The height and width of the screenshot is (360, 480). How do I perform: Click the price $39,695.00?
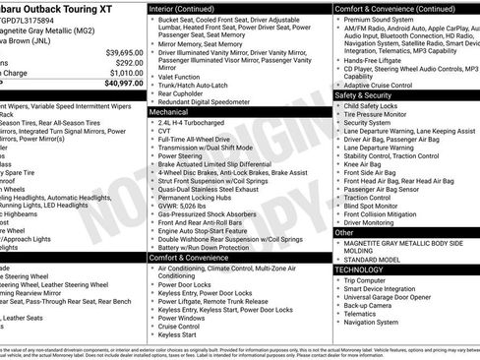click(119, 51)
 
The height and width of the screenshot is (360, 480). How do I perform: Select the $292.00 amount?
click(125, 62)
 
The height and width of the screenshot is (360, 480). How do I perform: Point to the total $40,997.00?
click(119, 85)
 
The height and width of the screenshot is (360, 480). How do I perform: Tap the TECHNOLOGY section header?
click(359, 269)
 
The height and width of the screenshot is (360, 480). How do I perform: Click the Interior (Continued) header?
click(190, 8)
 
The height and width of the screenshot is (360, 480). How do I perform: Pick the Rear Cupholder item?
click(184, 94)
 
